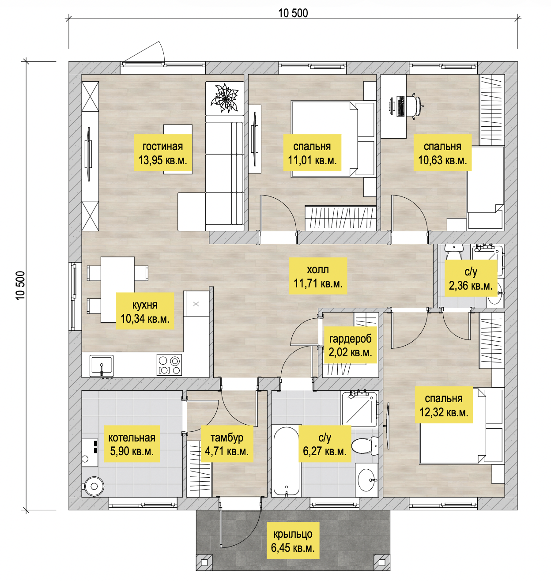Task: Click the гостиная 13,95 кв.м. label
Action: [163, 153]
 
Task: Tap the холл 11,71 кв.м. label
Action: [318, 276]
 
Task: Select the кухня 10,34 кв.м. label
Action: [145, 311]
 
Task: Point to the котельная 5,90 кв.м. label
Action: [132, 444]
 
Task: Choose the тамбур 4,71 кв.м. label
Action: [227, 444]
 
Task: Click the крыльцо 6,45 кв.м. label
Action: [293, 540]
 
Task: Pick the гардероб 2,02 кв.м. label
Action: [350, 345]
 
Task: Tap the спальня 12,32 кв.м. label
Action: [444, 405]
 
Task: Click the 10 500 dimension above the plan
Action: [293, 13]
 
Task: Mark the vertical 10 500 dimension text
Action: [21, 286]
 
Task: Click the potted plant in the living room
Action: [225, 98]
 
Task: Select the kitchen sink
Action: [102, 365]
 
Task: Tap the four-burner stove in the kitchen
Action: [169, 365]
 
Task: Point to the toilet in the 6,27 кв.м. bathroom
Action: [366, 445]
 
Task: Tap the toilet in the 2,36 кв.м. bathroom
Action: [453, 253]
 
